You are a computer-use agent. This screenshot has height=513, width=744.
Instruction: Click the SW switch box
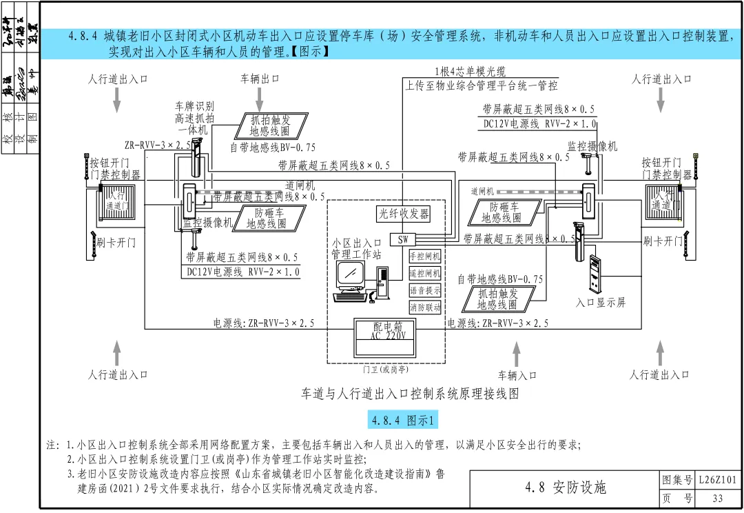click(x=402, y=239)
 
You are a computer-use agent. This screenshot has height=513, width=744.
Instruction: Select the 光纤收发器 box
click(x=403, y=213)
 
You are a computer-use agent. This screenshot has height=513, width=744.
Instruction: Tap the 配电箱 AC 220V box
click(x=389, y=332)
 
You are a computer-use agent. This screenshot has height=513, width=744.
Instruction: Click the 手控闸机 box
click(x=425, y=256)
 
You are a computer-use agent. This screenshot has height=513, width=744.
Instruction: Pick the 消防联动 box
click(x=425, y=308)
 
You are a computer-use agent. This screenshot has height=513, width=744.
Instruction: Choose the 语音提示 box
click(x=425, y=290)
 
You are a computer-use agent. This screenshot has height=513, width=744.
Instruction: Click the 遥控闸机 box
click(x=425, y=273)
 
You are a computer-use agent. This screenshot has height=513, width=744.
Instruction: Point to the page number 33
click(x=718, y=498)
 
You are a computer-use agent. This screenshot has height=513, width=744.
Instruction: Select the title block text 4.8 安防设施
click(x=565, y=488)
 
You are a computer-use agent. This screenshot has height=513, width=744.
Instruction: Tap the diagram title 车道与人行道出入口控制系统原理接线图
click(x=409, y=394)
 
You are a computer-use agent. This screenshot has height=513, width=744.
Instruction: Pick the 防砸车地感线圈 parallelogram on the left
click(x=266, y=218)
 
